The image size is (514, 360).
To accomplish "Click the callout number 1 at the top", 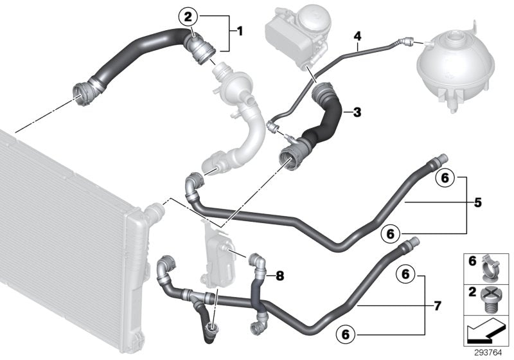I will click(x=240, y=30).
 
